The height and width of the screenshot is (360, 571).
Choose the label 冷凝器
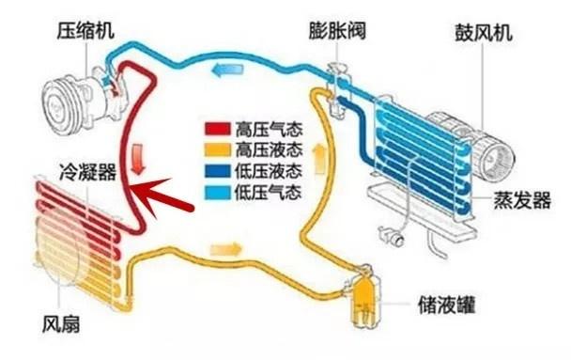point(87,173)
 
